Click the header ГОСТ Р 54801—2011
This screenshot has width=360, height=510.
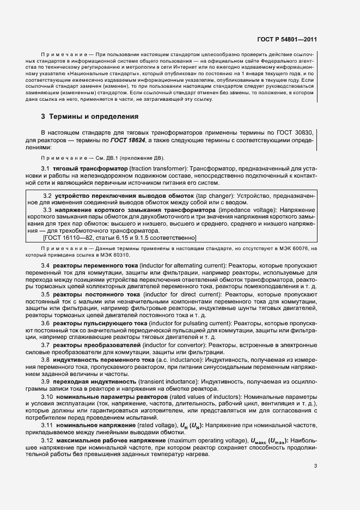pos(288,40)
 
